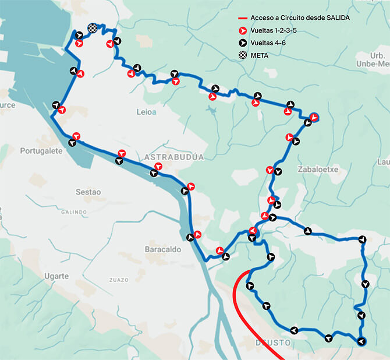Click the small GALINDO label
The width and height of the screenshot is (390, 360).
(x=74, y=212)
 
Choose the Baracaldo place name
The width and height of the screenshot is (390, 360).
(x=163, y=249)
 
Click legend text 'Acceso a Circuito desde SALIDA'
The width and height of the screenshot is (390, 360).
(x=300, y=18)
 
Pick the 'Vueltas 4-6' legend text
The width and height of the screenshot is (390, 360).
(x=267, y=43)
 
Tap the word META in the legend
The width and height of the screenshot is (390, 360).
(x=260, y=55)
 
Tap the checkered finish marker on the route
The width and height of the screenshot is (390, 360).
(x=92, y=28)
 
